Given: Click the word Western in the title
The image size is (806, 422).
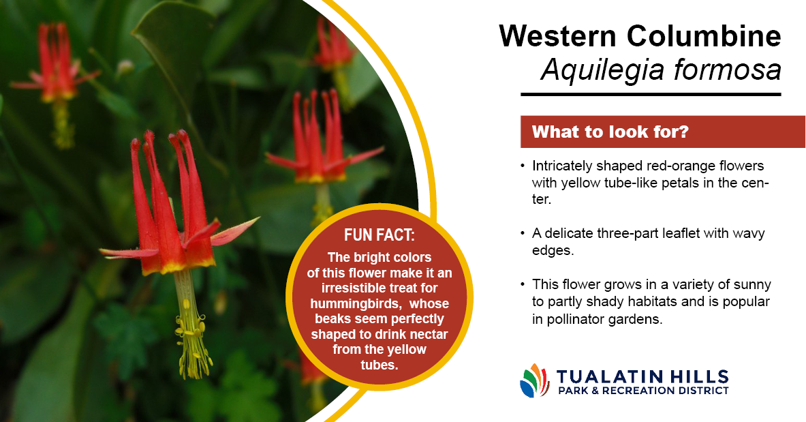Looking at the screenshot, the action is pos(557,35).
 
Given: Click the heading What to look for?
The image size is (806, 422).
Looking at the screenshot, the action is pos(610,132).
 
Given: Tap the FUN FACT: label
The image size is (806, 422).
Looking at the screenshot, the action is pos(379,235).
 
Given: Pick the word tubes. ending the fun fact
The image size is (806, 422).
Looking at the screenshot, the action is pos(379,365).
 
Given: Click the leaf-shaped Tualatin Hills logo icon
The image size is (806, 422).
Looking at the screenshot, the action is pos(535,381).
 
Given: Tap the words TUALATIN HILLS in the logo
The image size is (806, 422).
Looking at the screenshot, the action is pos(642,376).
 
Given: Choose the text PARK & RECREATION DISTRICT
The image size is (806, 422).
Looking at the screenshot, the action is pos(643,391).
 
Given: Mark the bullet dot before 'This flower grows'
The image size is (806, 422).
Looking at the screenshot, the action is pos(523,284).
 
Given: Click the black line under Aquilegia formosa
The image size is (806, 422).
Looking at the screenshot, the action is pos(651,95).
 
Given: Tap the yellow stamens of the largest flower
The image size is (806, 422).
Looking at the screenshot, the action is pos(192,340).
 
